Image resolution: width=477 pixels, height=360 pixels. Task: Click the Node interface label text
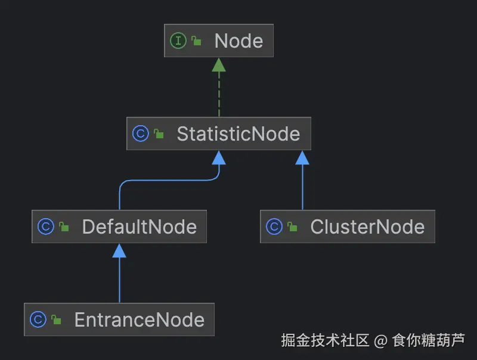click(x=238, y=41)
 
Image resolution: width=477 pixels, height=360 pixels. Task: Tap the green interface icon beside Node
click(x=178, y=41)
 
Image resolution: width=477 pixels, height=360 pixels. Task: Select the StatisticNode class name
click(x=238, y=134)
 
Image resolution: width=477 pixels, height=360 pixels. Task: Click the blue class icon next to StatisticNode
click(x=140, y=134)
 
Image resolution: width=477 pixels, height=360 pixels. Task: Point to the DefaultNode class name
click(x=139, y=226)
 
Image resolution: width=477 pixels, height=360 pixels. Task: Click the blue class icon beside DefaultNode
click(x=45, y=226)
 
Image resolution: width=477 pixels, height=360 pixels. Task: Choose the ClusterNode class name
click(x=367, y=226)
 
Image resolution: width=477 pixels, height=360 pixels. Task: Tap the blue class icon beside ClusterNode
click(x=274, y=226)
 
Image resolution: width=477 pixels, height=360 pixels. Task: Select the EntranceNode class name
click(x=139, y=319)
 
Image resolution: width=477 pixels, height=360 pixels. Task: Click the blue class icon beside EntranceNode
click(x=38, y=319)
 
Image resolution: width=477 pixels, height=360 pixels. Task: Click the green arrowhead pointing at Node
click(x=219, y=64)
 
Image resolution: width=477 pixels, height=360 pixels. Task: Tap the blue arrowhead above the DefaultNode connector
click(x=219, y=157)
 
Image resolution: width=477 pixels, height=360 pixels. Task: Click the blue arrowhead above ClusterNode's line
click(x=302, y=157)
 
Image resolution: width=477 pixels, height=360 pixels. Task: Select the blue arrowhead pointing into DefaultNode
click(x=119, y=250)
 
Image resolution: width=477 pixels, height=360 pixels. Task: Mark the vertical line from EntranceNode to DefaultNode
click(x=119, y=280)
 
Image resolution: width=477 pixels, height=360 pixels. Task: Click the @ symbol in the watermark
click(x=380, y=341)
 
